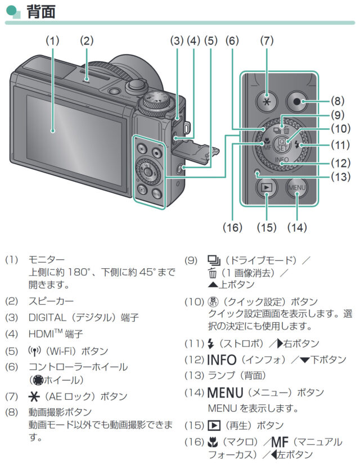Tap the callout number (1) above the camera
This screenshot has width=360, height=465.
(x=52, y=40)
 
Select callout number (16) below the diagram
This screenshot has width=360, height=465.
(x=232, y=227)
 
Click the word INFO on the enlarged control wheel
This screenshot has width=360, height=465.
(x=283, y=160)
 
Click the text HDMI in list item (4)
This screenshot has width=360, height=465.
(x=41, y=334)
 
